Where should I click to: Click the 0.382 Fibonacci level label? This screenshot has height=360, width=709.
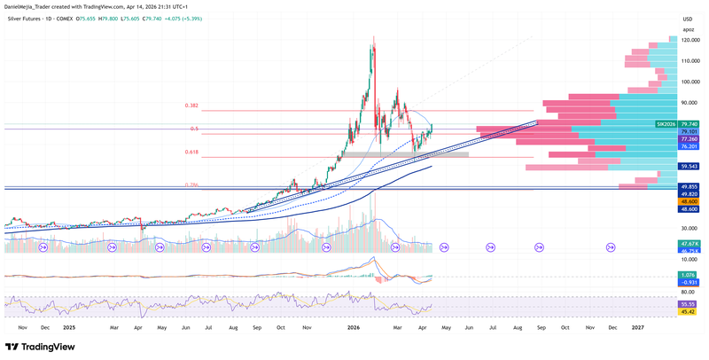(192, 106)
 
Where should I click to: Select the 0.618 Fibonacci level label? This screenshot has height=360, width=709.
(192, 153)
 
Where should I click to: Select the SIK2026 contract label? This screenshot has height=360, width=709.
(666, 124)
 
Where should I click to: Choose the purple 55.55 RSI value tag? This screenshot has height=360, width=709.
(687, 303)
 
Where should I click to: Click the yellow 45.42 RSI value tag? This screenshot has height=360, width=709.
(687, 311)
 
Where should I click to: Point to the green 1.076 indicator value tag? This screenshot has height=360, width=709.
(687, 275)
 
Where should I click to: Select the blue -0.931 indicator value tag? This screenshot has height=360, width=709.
(687, 282)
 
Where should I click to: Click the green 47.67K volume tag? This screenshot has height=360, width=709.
(687, 243)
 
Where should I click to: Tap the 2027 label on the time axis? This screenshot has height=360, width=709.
(637, 327)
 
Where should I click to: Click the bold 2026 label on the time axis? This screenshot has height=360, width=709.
(353, 327)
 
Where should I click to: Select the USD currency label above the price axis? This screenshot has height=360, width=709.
(687, 19)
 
